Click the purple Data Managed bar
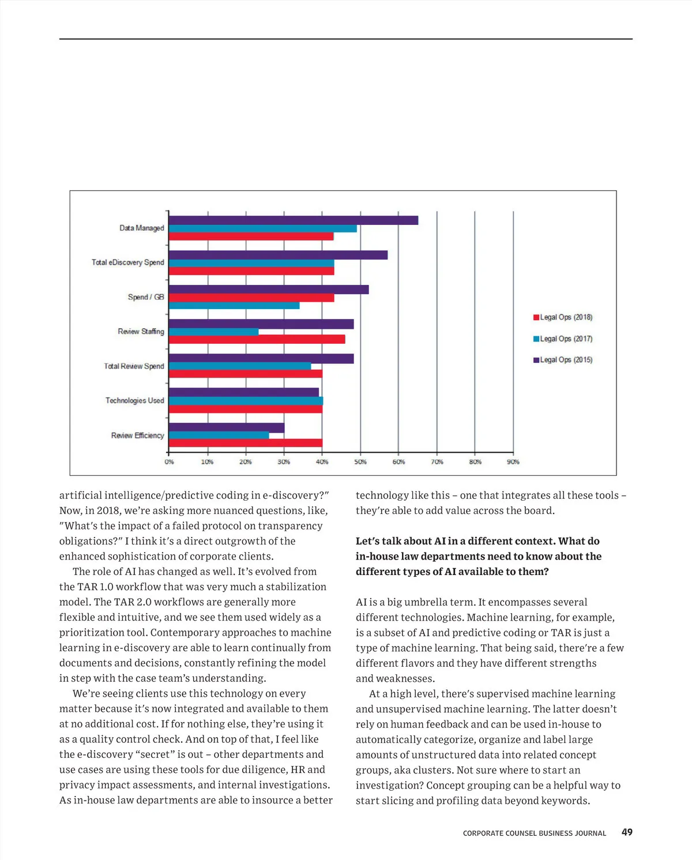point(293,220)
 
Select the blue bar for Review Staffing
point(213,332)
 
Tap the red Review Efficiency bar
point(245,443)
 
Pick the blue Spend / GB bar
point(234,306)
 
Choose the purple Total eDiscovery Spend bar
point(277,255)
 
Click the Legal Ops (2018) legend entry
point(563,317)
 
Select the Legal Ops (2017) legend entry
point(563,339)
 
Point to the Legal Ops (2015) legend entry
point(563,360)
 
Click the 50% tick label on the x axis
point(360,462)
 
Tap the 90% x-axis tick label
point(513,462)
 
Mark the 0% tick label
point(169,462)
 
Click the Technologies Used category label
point(134,400)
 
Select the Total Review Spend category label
point(134,366)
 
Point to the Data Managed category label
point(141,228)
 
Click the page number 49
point(627,832)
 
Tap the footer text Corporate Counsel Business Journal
point(535,833)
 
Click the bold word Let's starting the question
point(368,541)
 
